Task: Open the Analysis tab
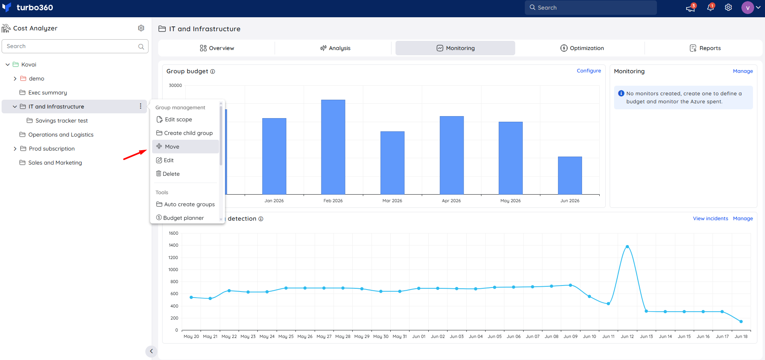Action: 335,48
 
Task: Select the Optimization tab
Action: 582,48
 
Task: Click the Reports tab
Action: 705,48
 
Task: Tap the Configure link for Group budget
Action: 588,71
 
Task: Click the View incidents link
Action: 710,219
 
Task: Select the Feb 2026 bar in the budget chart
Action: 333,147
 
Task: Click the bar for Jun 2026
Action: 570,175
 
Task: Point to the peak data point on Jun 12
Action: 627,247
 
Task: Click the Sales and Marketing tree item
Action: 55,163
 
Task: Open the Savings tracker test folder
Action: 61,121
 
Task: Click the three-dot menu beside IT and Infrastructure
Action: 141,106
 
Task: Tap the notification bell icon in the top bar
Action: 711,7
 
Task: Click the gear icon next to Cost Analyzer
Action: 141,28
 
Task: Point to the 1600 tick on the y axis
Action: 173,233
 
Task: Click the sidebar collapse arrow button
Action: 151,351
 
